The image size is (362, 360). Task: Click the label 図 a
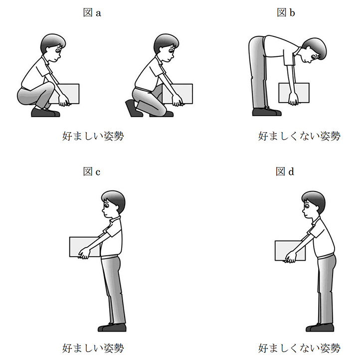tap(92, 13)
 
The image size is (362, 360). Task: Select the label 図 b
tap(286, 13)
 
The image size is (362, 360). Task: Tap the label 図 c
tap(92, 172)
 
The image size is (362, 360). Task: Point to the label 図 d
tap(286, 172)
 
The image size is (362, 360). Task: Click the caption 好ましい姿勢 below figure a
tap(93, 136)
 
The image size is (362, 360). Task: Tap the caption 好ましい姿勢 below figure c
tap(93, 347)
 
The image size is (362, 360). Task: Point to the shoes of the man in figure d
tap(319, 328)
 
